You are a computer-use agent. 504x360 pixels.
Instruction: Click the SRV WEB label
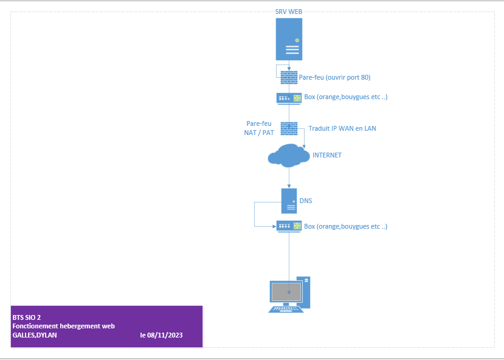[289, 12]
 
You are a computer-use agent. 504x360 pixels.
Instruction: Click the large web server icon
[289, 39]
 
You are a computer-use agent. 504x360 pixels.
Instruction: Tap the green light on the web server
[297, 41]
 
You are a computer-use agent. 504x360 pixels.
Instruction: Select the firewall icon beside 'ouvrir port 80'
[289, 77]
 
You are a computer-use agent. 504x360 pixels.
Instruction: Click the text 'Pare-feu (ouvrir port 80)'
[334, 77]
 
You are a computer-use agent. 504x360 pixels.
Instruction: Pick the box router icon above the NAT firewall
[289, 99]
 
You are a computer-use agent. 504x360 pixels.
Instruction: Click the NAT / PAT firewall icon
[289, 128]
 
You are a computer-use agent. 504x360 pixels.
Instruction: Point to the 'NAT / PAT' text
[259, 133]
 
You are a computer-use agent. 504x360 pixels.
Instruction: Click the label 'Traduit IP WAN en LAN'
[342, 128]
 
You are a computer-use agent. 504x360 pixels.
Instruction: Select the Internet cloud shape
[289, 156]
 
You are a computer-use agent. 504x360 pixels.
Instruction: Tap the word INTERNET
[327, 155]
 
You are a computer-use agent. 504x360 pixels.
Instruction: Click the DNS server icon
[289, 201]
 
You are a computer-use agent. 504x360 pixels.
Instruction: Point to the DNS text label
[306, 201]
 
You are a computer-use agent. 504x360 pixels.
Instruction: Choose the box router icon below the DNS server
[289, 226]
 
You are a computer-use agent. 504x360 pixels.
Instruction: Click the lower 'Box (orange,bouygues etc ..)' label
[345, 226]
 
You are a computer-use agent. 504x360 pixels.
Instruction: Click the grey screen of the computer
[286, 292]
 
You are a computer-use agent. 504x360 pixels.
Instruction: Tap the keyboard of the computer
[285, 309]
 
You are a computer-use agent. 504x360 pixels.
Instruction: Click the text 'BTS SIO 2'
[27, 317]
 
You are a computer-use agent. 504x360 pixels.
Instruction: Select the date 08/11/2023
[165, 335]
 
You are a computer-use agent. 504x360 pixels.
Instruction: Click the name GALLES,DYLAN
[35, 335]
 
